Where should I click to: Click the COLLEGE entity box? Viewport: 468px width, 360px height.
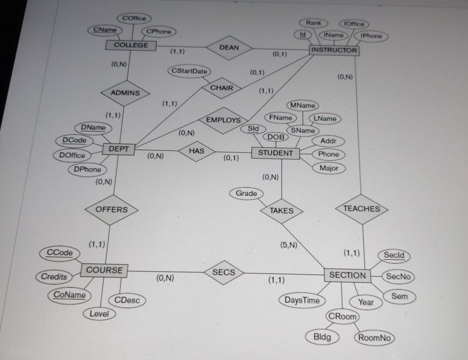[x=131, y=45]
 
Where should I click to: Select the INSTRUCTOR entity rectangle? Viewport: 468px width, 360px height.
[x=334, y=50]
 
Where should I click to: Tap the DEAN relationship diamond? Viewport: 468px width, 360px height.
[x=229, y=47]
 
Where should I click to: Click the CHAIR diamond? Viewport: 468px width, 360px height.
[x=222, y=88]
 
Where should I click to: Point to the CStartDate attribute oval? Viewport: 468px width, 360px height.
[x=189, y=71]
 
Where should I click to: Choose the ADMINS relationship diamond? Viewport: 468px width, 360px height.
[x=125, y=93]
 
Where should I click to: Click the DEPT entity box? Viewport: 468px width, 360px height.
[x=119, y=149]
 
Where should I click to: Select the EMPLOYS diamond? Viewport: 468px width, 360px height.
[x=223, y=120]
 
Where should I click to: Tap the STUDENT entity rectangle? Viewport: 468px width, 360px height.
[x=275, y=153]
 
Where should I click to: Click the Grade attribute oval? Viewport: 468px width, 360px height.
[x=246, y=193]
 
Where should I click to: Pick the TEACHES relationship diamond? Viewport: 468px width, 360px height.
[x=361, y=209]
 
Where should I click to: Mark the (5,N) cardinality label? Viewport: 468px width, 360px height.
[x=289, y=245]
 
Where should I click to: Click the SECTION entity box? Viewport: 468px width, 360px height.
[x=347, y=275]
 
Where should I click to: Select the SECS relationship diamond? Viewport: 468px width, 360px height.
[x=224, y=272]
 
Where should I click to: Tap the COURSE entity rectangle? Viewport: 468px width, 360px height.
[x=104, y=270]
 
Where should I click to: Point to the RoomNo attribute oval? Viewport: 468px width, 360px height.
[x=374, y=337]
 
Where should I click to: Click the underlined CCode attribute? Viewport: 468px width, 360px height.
[x=60, y=253]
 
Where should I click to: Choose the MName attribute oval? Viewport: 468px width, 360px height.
[x=302, y=105]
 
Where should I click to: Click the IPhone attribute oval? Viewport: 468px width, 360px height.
[x=371, y=36]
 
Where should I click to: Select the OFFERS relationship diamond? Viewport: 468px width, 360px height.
[x=111, y=209]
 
